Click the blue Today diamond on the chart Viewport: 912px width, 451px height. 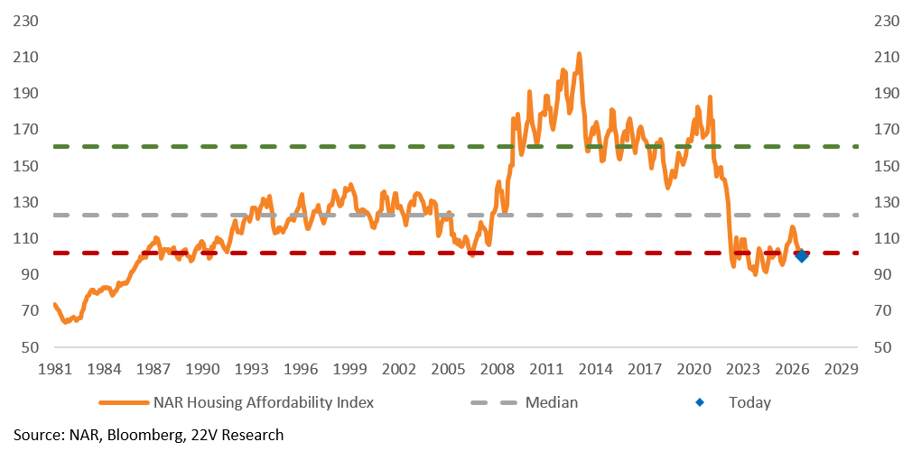(x=802, y=256)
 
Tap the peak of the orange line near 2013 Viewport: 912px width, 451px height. (x=579, y=53)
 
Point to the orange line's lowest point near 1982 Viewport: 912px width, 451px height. (x=64, y=322)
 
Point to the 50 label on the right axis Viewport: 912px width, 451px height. (x=881, y=347)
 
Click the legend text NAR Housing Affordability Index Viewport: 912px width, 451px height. (x=264, y=402)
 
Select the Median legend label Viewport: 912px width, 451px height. (x=552, y=402)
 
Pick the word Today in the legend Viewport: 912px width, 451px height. (x=749, y=402)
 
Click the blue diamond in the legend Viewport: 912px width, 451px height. (x=700, y=402)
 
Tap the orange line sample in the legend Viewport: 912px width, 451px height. (x=124, y=402)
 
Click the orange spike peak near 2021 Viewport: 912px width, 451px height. (x=710, y=97)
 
